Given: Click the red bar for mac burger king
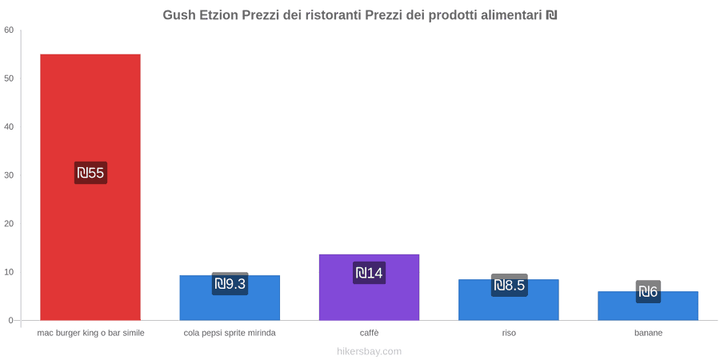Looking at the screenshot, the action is coord(90,187).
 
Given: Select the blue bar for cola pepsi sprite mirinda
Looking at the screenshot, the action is coord(230,298).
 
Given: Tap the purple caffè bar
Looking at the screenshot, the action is coord(369,287).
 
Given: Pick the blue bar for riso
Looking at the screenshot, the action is coord(509,299).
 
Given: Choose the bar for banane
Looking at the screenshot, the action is coord(648,306).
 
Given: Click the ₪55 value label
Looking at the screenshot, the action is coord(90,173).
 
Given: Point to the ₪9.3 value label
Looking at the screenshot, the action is coord(230,284).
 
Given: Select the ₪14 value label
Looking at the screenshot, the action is coord(369,273).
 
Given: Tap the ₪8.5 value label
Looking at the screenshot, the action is coord(510,285).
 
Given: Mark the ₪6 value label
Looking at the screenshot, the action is coord(648,291).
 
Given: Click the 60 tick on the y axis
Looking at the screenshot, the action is coord(9,30).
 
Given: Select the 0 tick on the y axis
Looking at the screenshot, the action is coord(12,321).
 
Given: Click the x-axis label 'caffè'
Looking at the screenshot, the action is coord(369,333).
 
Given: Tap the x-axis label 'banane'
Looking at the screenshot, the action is coord(648,333).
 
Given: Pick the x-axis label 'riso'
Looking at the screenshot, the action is coord(509,333).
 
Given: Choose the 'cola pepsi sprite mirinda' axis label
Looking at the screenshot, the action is coord(230,333).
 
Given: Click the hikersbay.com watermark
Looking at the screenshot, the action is coord(369,351).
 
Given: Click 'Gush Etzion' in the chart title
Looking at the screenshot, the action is coord(200,15).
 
